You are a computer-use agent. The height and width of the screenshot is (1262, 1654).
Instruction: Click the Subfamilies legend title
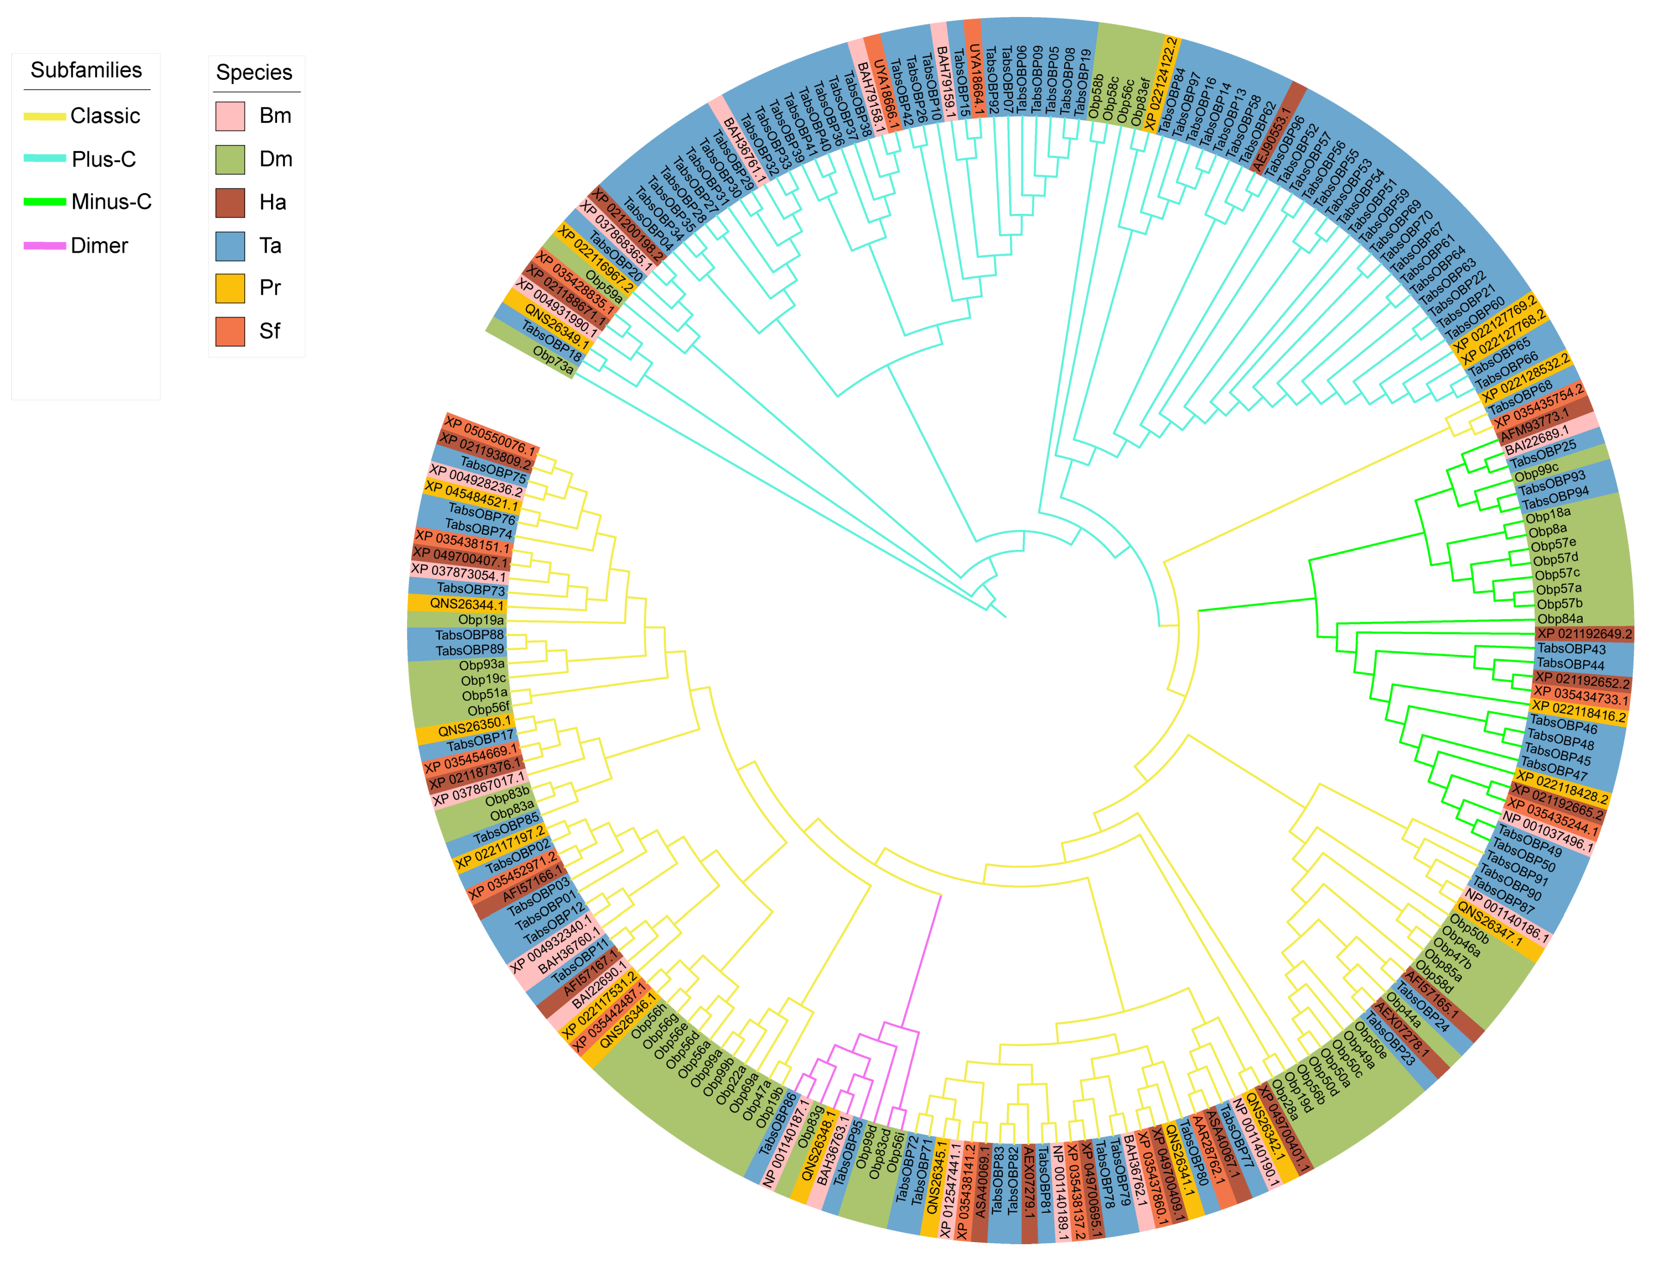click(x=86, y=70)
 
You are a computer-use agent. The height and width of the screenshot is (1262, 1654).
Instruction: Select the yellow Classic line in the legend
click(x=45, y=116)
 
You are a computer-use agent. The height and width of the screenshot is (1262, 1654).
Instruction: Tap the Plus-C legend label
click(x=104, y=159)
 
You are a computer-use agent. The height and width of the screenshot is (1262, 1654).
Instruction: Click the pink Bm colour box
click(x=230, y=116)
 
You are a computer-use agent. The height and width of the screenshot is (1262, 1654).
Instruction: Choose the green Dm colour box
click(x=230, y=159)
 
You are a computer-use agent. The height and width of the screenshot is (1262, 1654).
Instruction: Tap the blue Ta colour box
click(x=230, y=245)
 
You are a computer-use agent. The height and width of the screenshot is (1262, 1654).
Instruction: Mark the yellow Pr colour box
click(x=230, y=288)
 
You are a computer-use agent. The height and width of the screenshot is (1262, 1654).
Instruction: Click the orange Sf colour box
click(x=230, y=331)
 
